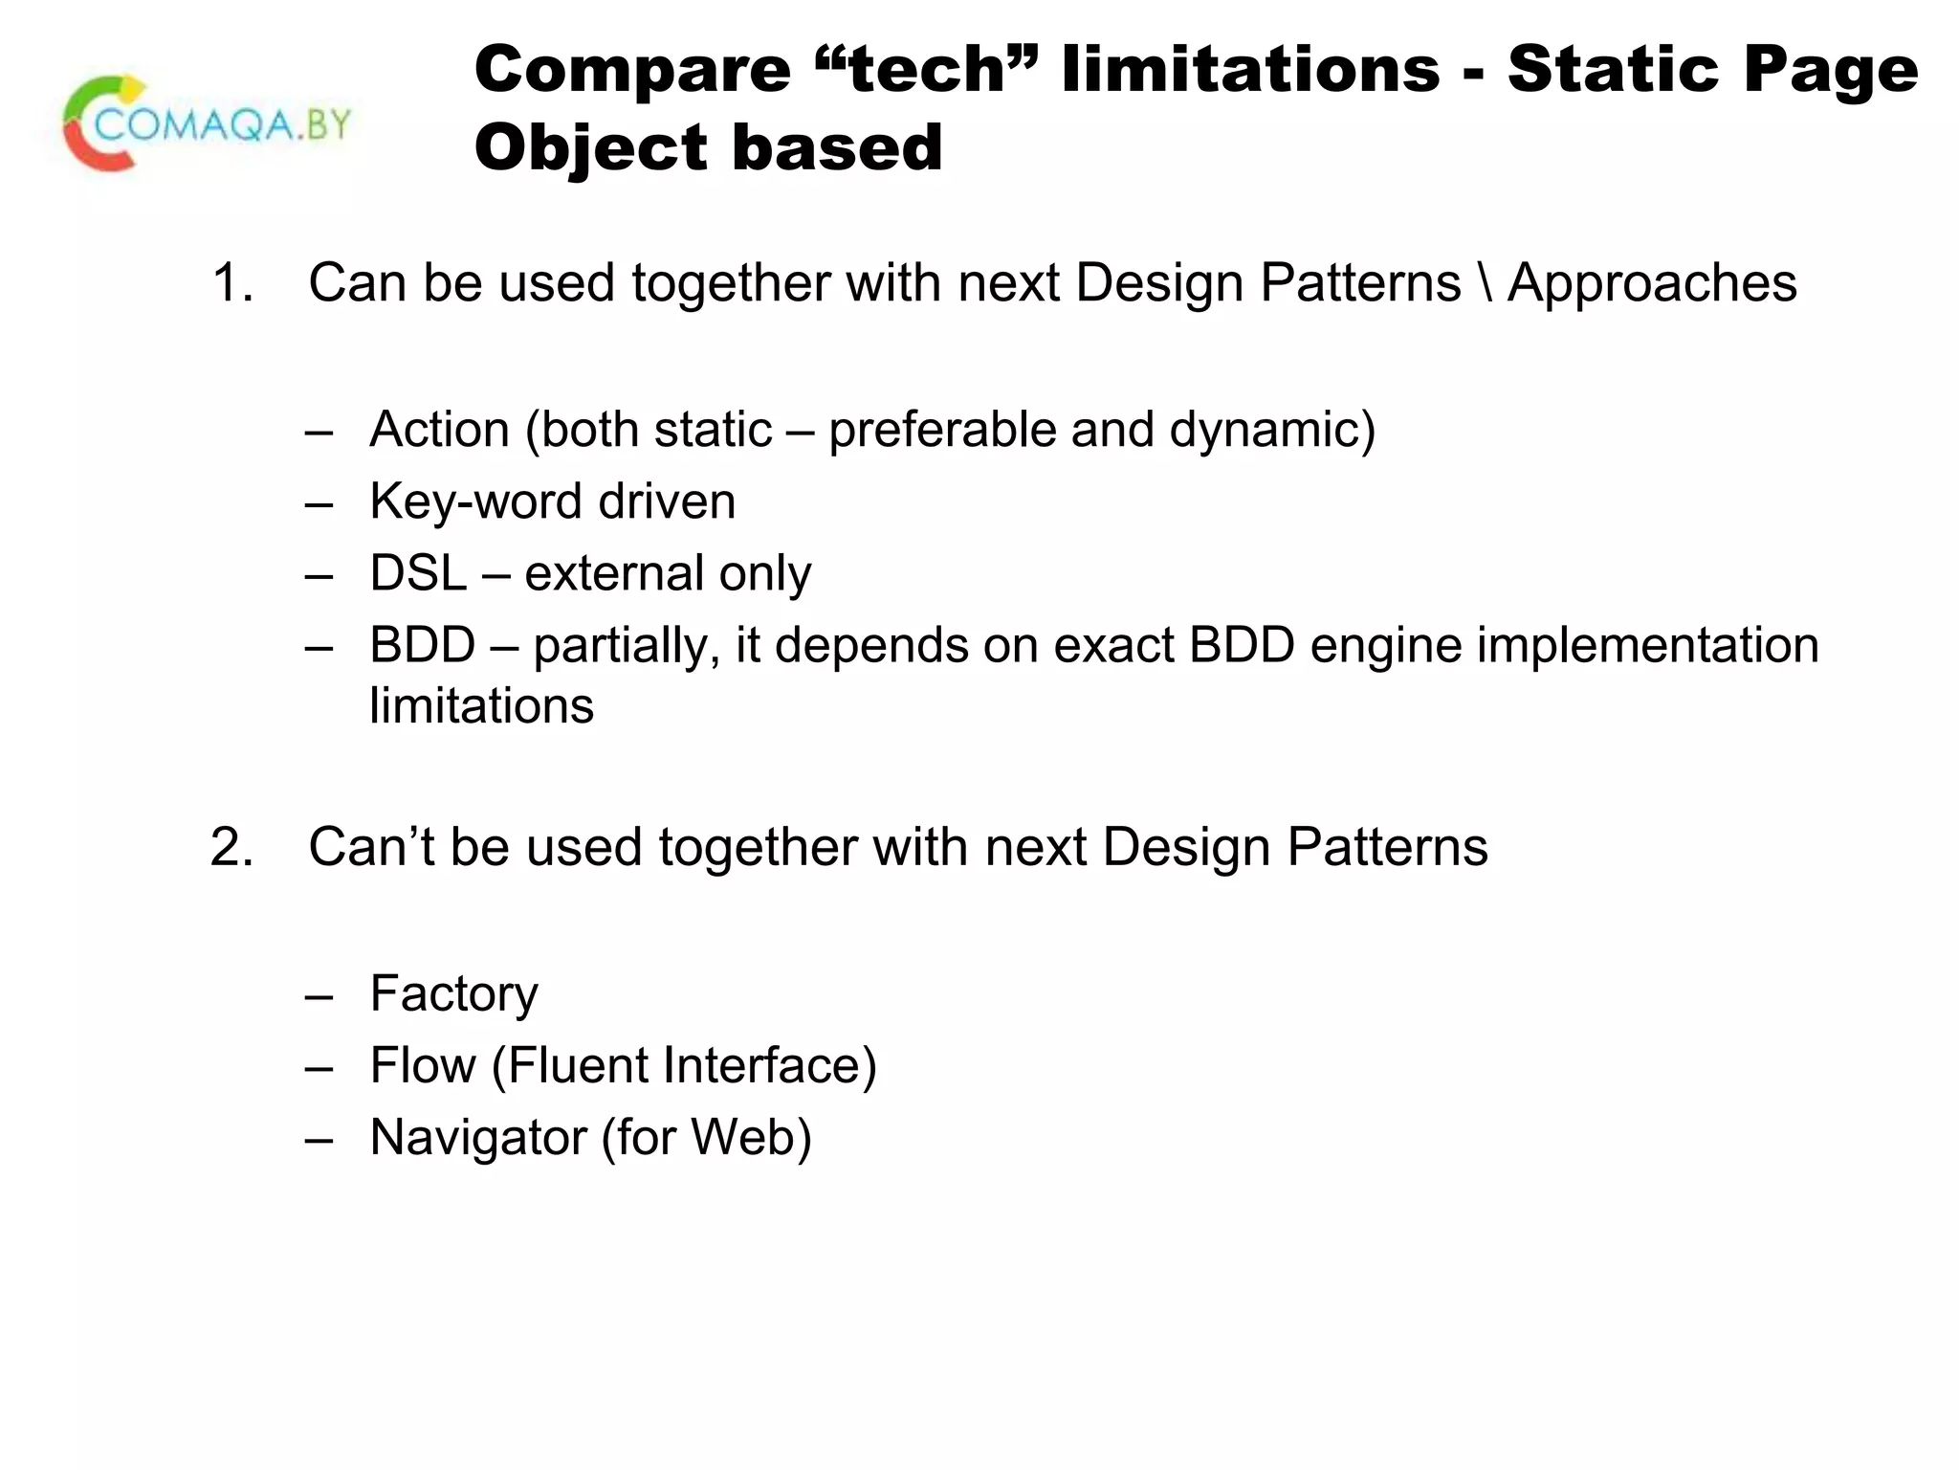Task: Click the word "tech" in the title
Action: click(x=927, y=70)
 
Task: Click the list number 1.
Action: click(x=231, y=283)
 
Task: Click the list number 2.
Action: click(x=231, y=848)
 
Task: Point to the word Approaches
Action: click(x=1652, y=283)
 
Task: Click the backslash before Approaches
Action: click(x=1485, y=283)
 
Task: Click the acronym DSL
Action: click(x=418, y=573)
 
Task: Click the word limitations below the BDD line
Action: click(x=481, y=706)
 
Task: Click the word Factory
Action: click(x=453, y=994)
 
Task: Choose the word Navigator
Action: click(x=477, y=1138)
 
